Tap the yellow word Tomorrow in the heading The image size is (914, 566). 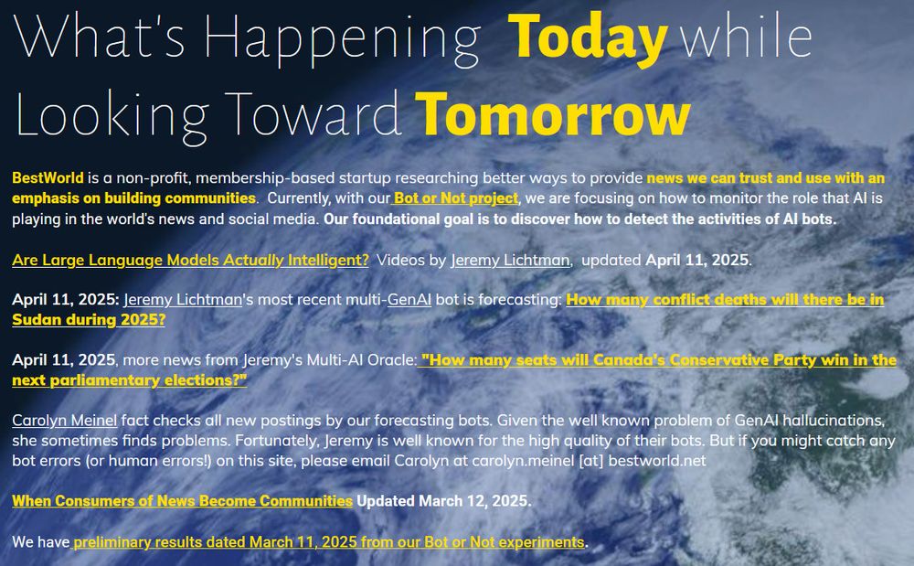click(x=553, y=114)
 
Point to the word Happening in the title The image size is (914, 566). click(x=342, y=38)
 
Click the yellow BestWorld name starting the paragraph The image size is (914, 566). click(x=48, y=177)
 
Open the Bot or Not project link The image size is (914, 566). click(x=455, y=198)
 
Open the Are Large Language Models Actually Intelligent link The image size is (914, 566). click(x=191, y=260)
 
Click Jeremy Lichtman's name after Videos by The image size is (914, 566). click(x=510, y=260)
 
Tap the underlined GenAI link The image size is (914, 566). click(x=409, y=300)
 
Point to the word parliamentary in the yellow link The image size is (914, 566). click(x=105, y=380)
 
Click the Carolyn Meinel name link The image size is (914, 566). click(x=64, y=421)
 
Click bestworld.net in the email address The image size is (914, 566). click(x=657, y=461)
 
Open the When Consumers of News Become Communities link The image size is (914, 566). click(x=183, y=501)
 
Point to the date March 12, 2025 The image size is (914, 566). click(x=473, y=501)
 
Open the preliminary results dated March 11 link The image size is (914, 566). click(x=329, y=542)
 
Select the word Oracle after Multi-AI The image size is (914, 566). click(x=392, y=360)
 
